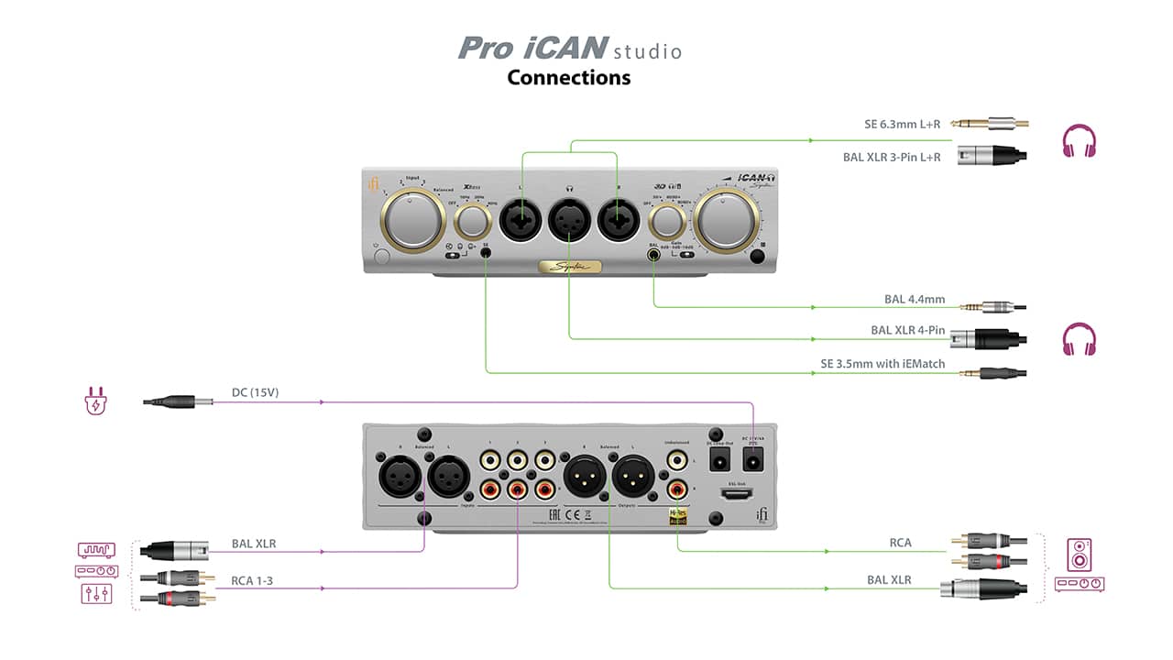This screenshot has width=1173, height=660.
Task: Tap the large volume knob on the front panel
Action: click(727, 219)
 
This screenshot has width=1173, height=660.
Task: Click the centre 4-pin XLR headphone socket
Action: click(568, 221)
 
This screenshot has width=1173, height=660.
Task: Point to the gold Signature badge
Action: click(569, 267)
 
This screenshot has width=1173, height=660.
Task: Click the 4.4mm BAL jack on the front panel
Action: click(653, 254)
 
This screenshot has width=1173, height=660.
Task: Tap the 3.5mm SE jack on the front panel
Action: click(485, 254)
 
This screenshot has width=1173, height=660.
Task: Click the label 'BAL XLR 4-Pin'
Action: click(907, 330)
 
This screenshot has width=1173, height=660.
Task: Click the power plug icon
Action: click(95, 401)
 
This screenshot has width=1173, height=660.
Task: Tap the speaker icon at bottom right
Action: click(1080, 555)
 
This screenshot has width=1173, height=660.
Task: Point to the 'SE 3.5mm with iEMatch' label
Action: click(882, 365)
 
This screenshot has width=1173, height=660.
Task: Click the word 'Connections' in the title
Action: click(568, 77)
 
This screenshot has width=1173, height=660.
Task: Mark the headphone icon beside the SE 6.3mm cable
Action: click(1079, 142)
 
